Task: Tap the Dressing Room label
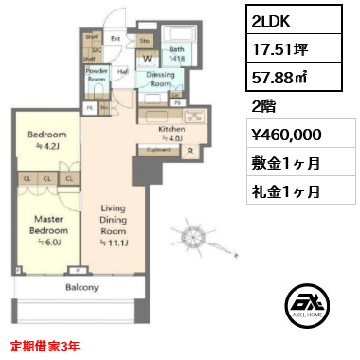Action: [x=160, y=81]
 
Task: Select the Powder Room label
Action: [x=97, y=76]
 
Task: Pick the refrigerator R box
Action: [x=189, y=150]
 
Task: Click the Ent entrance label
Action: [x=115, y=39]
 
